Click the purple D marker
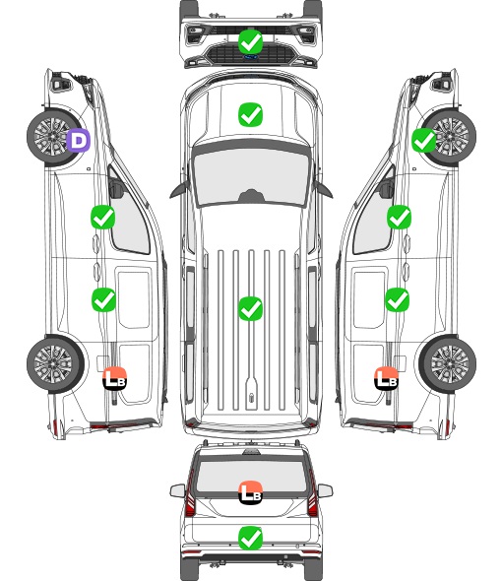click(x=79, y=141)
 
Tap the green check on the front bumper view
click(x=250, y=42)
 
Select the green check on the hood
click(x=250, y=114)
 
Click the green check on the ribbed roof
click(x=250, y=308)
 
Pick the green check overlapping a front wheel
click(x=424, y=141)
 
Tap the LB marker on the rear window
click(x=250, y=492)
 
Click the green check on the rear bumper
click(x=250, y=538)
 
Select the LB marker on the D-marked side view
click(x=114, y=378)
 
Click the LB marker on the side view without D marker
click(x=386, y=378)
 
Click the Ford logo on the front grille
click(x=250, y=57)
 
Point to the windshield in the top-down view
click(x=251, y=177)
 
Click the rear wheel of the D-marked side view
click(x=55, y=364)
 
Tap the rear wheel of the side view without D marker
click(x=448, y=364)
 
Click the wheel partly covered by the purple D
click(x=52, y=136)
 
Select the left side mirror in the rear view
click(x=177, y=491)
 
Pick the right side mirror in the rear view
click(x=325, y=491)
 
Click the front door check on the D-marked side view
click(x=103, y=217)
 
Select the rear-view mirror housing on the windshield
click(x=251, y=196)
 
